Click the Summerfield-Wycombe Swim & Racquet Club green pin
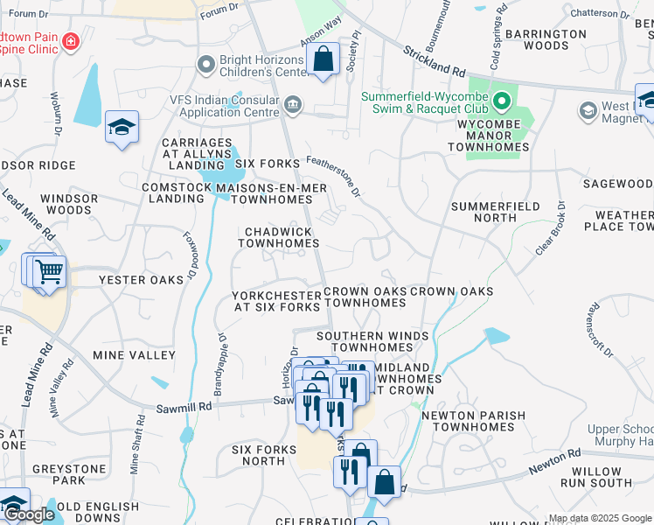501,102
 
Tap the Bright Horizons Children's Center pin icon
206,64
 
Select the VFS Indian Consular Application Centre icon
293,106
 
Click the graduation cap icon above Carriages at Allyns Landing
122,128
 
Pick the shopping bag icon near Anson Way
324,59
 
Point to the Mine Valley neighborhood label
135,355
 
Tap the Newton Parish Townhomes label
473,421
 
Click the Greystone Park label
69,474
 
